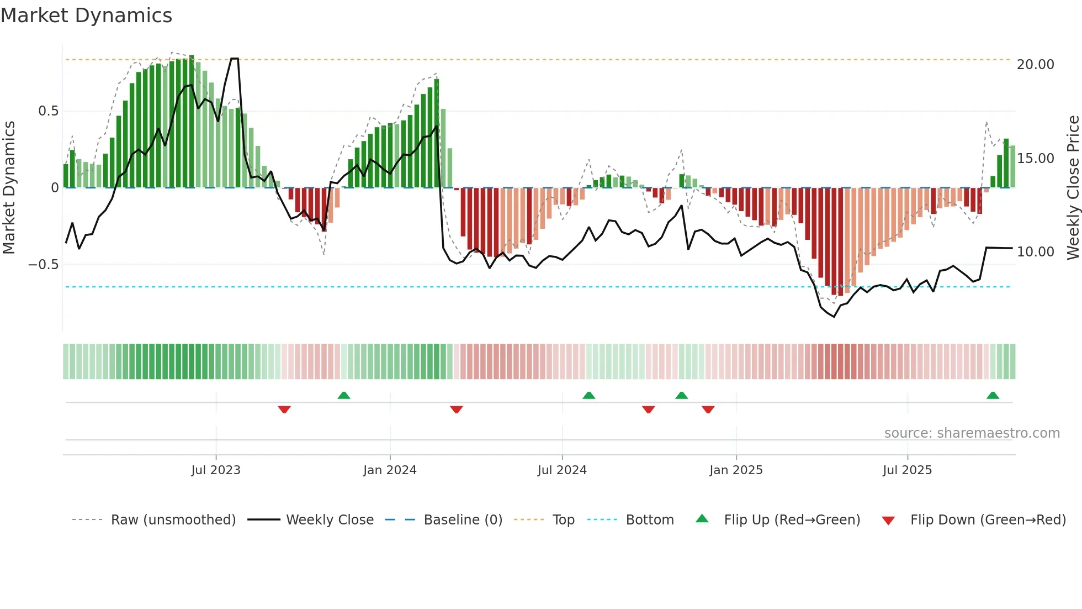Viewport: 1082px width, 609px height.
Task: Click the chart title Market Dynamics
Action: click(87, 15)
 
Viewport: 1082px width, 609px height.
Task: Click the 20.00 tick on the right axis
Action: click(1035, 65)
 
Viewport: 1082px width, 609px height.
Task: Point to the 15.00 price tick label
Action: click(1035, 159)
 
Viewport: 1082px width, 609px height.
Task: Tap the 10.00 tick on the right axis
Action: click(1035, 252)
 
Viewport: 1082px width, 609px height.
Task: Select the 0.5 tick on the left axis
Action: click(48, 111)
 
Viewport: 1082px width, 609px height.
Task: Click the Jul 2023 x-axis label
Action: click(216, 470)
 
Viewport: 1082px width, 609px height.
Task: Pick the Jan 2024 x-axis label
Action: click(390, 470)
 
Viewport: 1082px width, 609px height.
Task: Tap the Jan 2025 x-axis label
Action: click(736, 470)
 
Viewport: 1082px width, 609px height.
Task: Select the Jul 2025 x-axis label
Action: click(907, 470)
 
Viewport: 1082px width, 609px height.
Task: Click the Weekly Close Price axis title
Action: click(1073, 187)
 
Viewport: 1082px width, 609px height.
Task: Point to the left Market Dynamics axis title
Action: click(9, 187)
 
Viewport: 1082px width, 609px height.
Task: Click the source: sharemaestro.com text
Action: click(972, 433)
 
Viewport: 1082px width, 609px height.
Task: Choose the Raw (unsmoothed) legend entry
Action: click(173, 520)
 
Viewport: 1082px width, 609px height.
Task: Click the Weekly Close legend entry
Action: click(330, 520)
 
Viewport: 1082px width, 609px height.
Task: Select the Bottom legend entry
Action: click(649, 520)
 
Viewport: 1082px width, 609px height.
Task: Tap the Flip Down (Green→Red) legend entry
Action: click(988, 520)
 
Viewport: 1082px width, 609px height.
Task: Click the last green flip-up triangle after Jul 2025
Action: click(993, 396)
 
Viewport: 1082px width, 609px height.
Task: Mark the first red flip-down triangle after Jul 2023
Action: click(284, 410)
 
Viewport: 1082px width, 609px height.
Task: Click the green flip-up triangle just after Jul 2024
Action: click(588, 396)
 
